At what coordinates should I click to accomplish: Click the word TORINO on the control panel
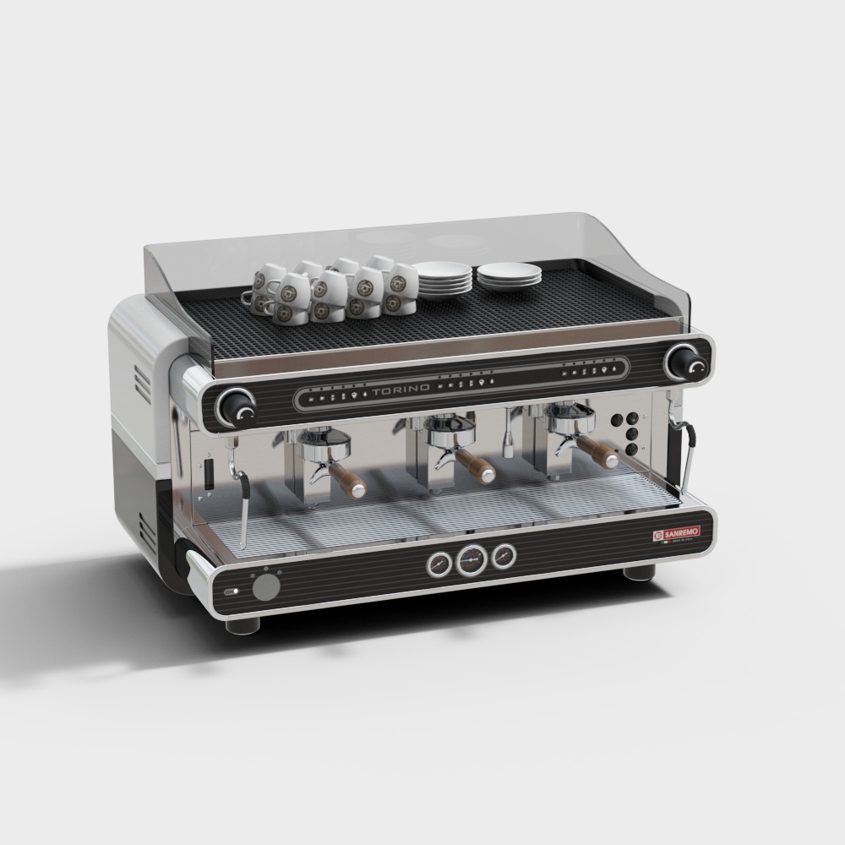pyautogui.click(x=399, y=388)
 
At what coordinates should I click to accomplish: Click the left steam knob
pyautogui.click(x=237, y=409)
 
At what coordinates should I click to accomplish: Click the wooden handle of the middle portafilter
pyautogui.click(x=480, y=469)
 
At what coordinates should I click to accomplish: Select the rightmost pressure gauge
pyautogui.click(x=504, y=555)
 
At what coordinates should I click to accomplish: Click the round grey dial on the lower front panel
pyautogui.click(x=268, y=588)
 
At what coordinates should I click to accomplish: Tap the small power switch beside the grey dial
pyautogui.click(x=231, y=592)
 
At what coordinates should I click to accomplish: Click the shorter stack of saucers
pyautogui.click(x=509, y=274)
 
